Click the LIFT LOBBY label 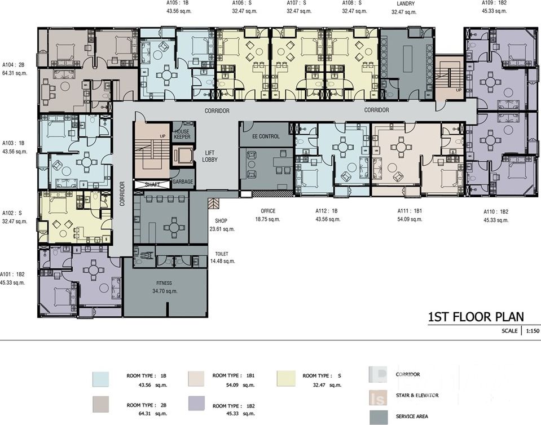(x=210, y=156)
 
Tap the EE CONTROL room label (x=266, y=136)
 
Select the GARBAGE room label (x=183, y=181)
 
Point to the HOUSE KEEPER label (x=182, y=134)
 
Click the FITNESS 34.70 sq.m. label (x=165, y=287)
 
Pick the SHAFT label (x=152, y=184)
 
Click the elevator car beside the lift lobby (x=183, y=156)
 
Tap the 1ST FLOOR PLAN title (x=476, y=316)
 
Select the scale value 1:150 (x=533, y=330)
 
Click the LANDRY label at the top (x=406, y=4)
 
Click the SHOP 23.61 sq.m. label (x=222, y=225)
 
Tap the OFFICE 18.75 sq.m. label (x=268, y=215)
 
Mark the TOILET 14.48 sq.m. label (x=222, y=258)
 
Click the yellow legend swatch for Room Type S (x=286, y=378)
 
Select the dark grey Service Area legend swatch (x=379, y=417)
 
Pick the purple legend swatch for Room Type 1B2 (x=197, y=403)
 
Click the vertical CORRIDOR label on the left (x=122, y=194)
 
